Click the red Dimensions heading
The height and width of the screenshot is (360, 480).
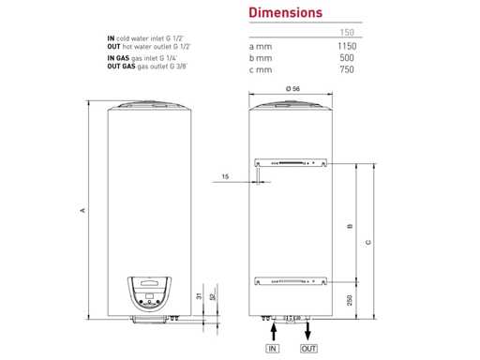(285, 13)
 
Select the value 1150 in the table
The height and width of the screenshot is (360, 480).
(347, 46)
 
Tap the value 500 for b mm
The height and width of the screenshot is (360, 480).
(347, 58)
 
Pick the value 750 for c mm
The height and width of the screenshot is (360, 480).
(347, 69)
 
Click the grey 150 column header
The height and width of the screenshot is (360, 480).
(347, 32)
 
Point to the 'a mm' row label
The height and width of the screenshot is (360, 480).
(261, 47)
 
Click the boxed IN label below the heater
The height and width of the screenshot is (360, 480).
(273, 349)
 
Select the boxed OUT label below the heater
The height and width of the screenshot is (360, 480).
(308, 349)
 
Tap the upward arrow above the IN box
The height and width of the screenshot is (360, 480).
(274, 332)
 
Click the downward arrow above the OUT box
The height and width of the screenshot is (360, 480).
(307, 331)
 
